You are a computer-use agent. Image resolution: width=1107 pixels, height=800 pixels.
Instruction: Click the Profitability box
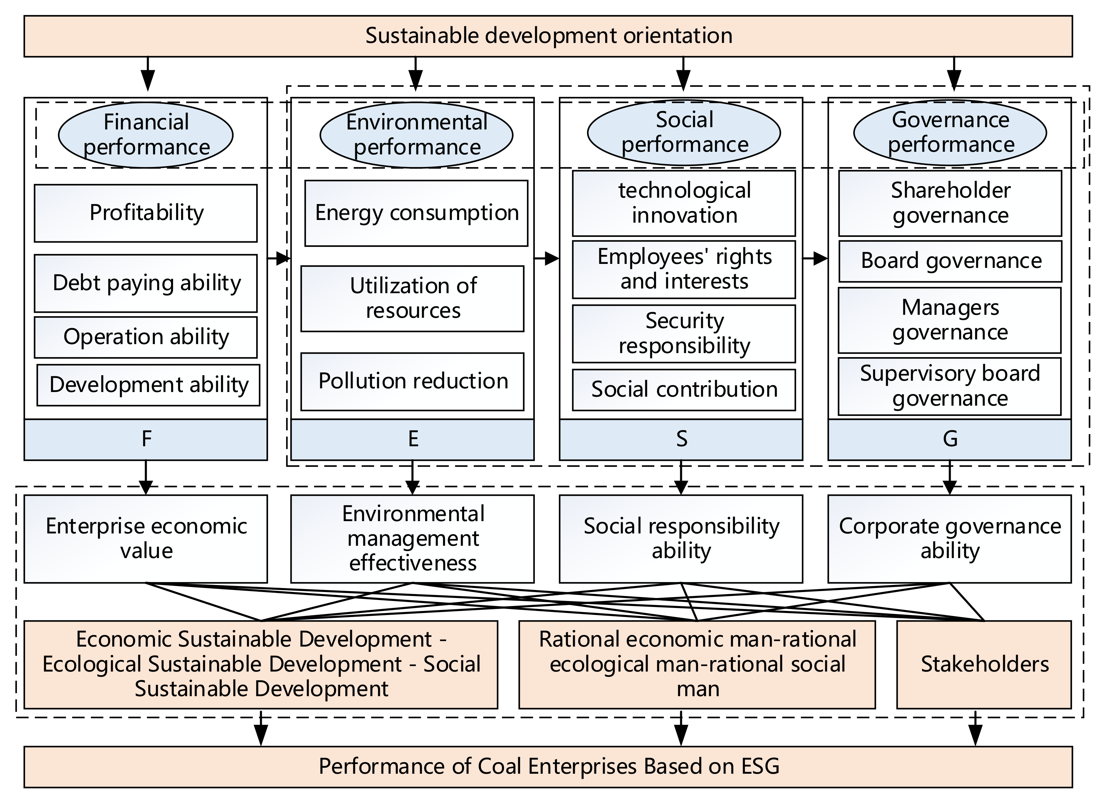[x=145, y=213]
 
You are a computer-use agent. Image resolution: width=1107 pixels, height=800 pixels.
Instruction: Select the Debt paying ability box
[x=145, y=283]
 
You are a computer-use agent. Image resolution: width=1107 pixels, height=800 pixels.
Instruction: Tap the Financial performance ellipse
[x=145, y=135]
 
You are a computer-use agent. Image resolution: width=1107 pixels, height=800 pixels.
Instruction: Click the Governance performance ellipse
[x=950, y=132]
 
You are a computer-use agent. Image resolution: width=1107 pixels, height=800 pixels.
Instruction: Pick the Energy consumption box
[x=416, y=213]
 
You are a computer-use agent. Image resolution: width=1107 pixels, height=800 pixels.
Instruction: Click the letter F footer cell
[x=145, y=439]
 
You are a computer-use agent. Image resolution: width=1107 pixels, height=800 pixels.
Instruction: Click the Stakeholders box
[x=984, y=664]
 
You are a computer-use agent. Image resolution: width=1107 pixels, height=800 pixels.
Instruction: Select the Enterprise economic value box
[x=145, y=539]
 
